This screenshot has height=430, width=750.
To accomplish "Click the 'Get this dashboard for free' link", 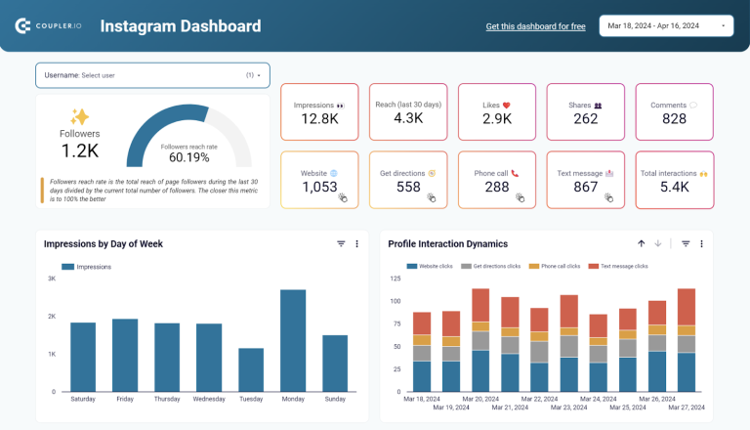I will click(535, 26).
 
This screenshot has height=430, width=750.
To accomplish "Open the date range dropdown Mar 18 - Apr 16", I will click(666, 25).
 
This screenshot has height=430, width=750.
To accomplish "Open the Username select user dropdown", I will click(152, 75).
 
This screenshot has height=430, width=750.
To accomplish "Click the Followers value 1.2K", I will click(80, 150).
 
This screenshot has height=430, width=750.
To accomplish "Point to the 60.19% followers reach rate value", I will click(189, 157).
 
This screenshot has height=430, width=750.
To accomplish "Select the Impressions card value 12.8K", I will click(319, 118).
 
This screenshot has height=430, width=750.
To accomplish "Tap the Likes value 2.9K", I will click(497, 118).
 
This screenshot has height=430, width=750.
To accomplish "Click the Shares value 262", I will click(586, 118).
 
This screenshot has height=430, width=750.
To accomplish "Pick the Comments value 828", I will click(674, 118).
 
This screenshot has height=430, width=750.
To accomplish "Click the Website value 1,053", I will click(319, 187).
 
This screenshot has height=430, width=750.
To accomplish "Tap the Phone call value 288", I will click(497, 187).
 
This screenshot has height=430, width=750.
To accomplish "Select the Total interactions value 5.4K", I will click(674, 187).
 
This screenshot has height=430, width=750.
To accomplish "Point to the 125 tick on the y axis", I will click(396, 279).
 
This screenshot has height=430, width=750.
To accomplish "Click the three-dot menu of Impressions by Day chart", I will click(356, 244).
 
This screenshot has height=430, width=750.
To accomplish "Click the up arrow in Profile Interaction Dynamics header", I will click(642, 244).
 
